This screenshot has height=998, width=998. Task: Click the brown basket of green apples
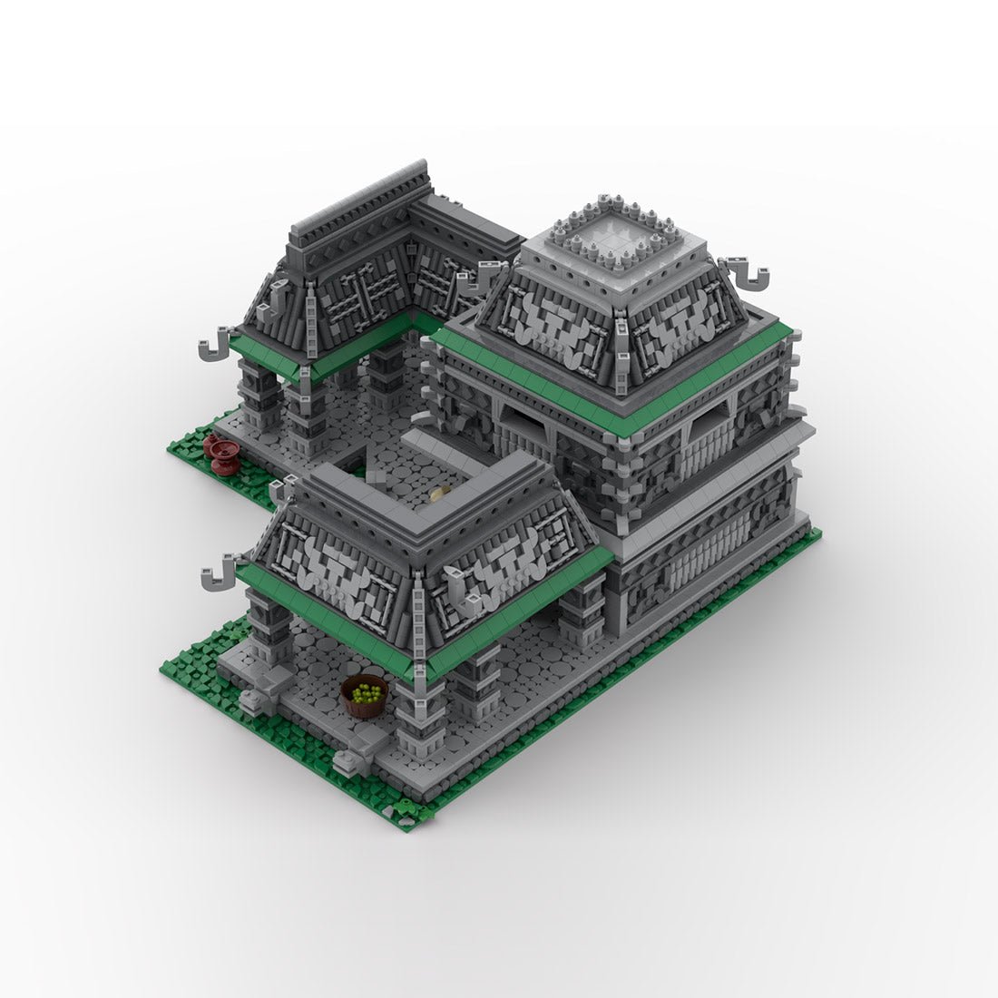[x=365, y=697]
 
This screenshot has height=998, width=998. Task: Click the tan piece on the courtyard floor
[x=439, y=494]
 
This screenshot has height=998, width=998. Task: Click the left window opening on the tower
[x=526, y=423]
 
